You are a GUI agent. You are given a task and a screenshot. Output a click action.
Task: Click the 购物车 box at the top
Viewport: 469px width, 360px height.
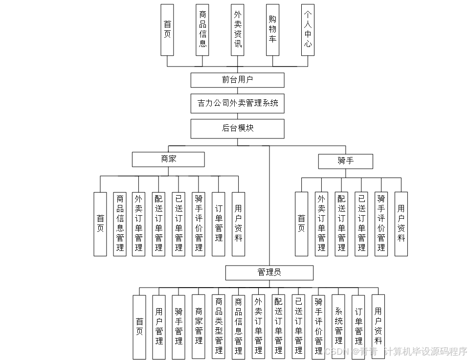pos(272,29)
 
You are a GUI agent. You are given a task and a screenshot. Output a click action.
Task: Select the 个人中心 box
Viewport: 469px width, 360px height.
pos(308,29)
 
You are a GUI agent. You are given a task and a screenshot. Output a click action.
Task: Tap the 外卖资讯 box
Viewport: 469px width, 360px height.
pos(238,29)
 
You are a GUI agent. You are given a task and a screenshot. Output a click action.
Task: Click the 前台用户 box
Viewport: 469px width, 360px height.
pos(237,80)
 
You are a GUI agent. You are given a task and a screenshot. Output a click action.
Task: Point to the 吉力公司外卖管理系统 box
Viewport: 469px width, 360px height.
pos(237,103)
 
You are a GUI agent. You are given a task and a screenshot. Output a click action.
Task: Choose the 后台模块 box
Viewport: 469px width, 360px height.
pos(237,128)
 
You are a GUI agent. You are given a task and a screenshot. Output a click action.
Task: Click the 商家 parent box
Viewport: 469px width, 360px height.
pos(168,159)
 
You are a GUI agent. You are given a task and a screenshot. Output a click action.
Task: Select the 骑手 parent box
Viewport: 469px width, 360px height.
pos(345,161)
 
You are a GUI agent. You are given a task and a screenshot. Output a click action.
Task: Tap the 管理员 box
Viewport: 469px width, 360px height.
pos(269,272)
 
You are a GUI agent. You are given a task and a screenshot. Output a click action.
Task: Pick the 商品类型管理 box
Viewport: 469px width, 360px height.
pos(219,326)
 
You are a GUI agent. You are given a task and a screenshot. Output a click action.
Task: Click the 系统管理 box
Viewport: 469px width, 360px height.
pos(338,326)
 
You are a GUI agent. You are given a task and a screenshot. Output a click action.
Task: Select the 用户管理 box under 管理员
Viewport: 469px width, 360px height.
pos(159,326)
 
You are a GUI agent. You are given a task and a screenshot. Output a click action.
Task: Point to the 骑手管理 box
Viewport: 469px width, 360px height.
pos(179,326)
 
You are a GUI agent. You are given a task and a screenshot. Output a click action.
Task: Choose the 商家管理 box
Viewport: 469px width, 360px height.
pos(199,326)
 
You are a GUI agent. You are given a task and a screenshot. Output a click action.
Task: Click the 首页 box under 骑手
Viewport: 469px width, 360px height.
pos(301,224)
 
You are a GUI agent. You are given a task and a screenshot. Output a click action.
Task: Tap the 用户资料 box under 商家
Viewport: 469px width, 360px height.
pos(238,224)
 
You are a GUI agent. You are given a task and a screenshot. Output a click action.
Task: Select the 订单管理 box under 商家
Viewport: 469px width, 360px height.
pos(219,224)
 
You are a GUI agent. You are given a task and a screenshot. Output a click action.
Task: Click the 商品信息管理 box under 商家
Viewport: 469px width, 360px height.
pos(120,224)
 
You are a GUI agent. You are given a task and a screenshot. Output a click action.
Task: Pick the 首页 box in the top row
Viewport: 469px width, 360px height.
pos(167,29)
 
